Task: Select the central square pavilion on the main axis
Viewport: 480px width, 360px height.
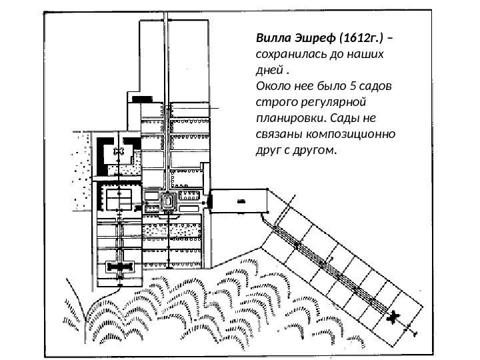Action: point(169,199)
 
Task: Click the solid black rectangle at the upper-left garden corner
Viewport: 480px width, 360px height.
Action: point(142,100)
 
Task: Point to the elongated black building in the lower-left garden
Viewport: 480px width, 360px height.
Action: point(120,267)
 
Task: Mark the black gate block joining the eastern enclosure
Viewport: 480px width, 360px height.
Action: point(209,199)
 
